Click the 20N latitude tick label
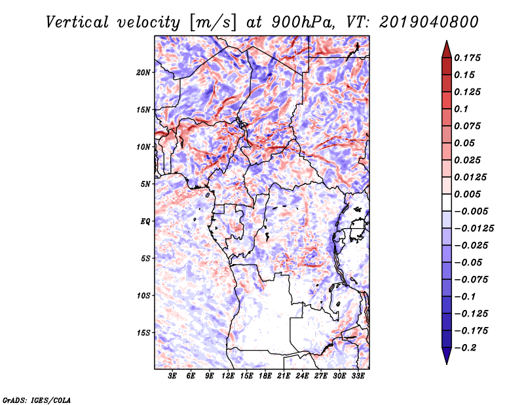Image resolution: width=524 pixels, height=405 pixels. click(143, 72)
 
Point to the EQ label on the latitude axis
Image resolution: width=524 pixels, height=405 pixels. click(145, 221)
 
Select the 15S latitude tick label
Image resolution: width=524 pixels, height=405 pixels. click(143, 332)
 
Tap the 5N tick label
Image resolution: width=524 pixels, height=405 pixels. click(145, 183)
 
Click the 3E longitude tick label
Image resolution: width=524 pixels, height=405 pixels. click(173, 376)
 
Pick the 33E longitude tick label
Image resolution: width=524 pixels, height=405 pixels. click(358, 376)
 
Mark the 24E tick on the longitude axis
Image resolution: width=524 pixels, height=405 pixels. click(302, 376)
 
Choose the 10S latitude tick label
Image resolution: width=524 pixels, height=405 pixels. click(143, 296)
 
